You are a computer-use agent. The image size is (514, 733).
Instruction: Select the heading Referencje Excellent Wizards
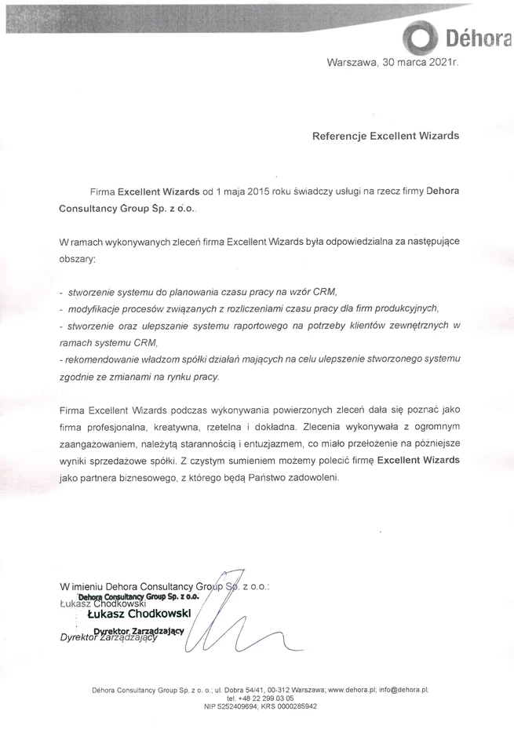[x=385, y=136]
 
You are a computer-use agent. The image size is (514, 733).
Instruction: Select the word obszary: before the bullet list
[x=77, y=258]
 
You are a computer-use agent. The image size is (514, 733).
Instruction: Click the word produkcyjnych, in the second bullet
[x=403, y=308]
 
